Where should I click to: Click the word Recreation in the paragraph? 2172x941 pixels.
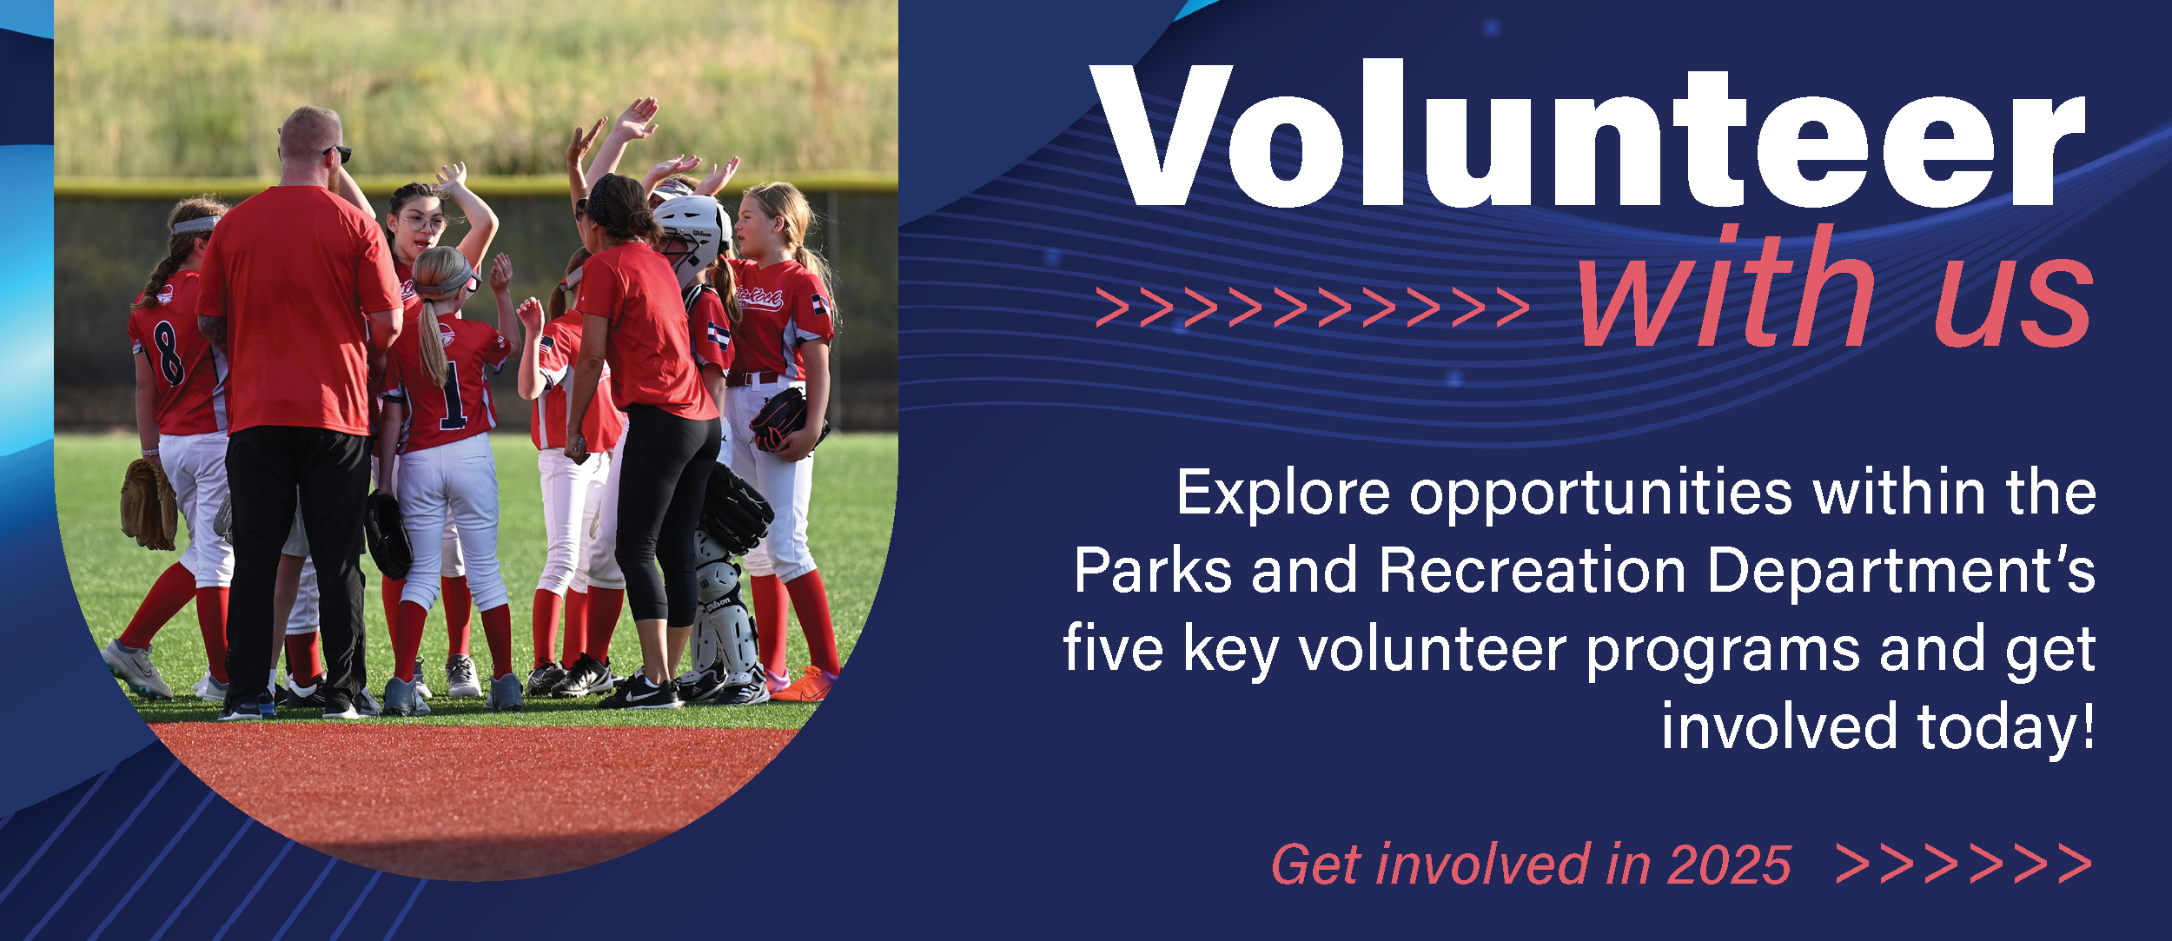[x=1533, y=571]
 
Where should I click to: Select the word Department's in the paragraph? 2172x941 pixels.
[x=1901, y=573]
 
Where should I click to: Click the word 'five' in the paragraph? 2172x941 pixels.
[x=1113, y=648]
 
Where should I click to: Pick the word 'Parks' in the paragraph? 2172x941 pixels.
[x=1153, y=571]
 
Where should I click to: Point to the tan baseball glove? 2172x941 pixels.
[x=149, y=505]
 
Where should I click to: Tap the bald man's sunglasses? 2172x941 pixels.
[x=339, y=154]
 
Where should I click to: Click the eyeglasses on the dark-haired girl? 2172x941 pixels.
[x=422, y=222]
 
